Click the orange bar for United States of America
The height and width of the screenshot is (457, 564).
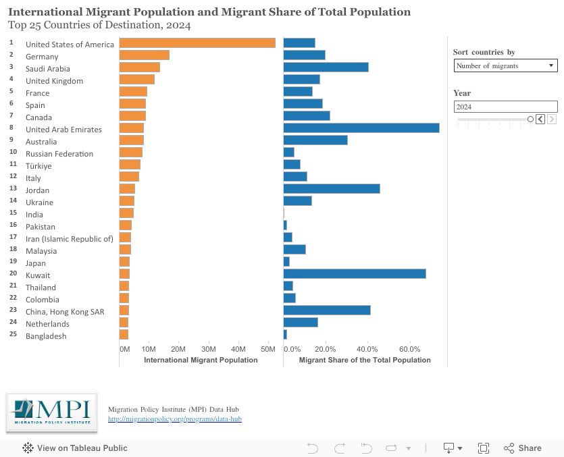pyautogui.click(x=197, y=43)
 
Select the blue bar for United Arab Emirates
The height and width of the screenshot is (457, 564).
pyautogui.click(x=361, y=128)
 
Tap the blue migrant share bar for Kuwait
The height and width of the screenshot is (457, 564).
pyautogui.click(x=355, y=274)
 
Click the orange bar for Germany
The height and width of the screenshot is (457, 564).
pyautogui.click(x=144, y=55)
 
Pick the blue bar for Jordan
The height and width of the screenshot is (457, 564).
pyautogui.click(x=332, y=189)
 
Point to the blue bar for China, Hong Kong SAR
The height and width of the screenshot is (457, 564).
pyautogui.click(x=327, y=311)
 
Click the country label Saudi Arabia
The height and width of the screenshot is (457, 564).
pyautogui.click(x=47, y=69)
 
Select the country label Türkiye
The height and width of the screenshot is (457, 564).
pyautogui.click(x=39, y=166)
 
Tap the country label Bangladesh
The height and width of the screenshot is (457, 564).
pyautogui.click(x=46, y=336)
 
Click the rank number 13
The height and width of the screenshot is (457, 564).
pyautogui.click(x=12, y=188)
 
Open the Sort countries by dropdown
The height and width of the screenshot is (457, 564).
pyautogui.click(x=505, y=65)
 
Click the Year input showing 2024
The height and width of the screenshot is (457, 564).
pyautogui.click(x=505, y=107)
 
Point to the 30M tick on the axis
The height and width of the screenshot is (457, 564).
pyautogui.click(x=209, y=349)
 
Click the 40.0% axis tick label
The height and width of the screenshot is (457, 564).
pyautogui.click(x=367, y=349)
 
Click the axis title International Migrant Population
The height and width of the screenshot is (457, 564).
pyautogui.click(x=201, y=360)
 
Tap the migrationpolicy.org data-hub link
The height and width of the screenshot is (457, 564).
pyautogui.click(x=175, y=419)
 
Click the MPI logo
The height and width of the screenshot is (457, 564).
pyautogui.click(x=51, y=412)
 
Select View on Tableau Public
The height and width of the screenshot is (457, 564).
pyautogui.click(x=75, y=448)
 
